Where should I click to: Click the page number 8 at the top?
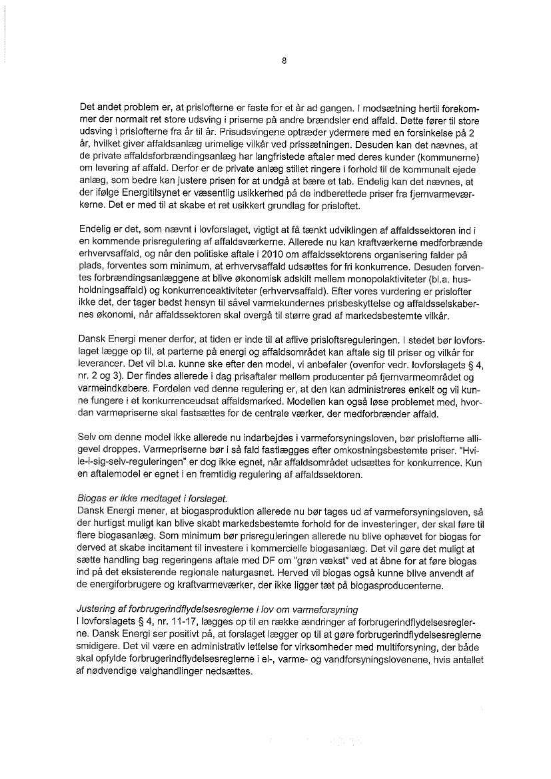point(284,61)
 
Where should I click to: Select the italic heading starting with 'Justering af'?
point(218,609)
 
